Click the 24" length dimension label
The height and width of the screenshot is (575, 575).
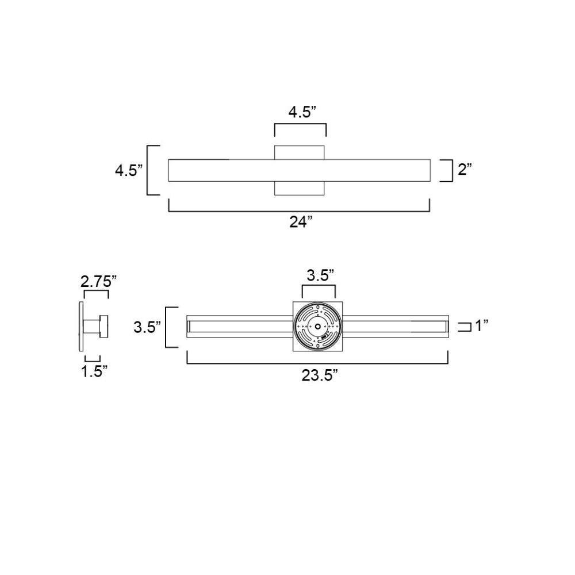coord(301,222)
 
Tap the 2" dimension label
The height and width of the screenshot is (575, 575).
coord(465,169)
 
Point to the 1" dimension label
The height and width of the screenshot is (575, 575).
coord(482,325)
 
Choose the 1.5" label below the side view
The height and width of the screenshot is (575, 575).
coord(94,371)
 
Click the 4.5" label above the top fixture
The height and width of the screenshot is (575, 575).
coord(302,112)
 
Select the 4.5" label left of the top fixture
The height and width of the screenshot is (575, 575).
coord(129,171)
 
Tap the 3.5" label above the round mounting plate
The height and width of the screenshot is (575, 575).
coord(320,275)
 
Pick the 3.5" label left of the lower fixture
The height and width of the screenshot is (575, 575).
coord(147,327)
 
